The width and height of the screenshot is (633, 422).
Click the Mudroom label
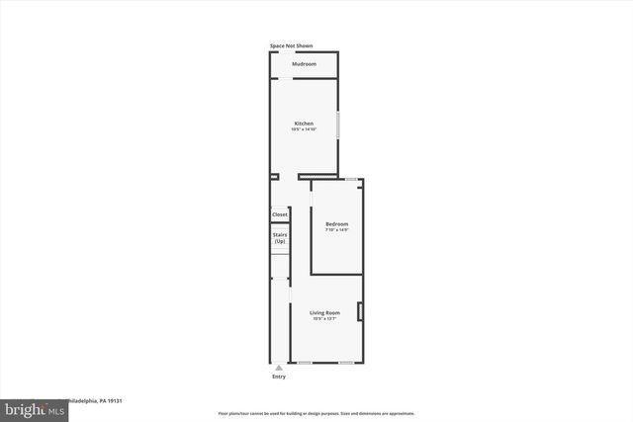click(304, 64)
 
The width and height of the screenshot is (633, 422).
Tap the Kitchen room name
click(304, 124)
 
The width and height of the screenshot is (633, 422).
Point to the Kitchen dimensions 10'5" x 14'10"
click(304, 129)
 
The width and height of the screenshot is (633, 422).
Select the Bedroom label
click(337, 224)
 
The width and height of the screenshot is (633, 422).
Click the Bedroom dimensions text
click(337, 230)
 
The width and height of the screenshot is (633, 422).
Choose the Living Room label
click(324, 312)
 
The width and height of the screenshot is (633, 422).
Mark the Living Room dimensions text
click(324, 318)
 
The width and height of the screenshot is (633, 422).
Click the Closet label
click(280, 214)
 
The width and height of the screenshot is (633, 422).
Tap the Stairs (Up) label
click(280, 238)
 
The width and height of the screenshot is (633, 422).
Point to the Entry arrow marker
click(279, 367)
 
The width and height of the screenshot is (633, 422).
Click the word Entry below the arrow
click(279, 377)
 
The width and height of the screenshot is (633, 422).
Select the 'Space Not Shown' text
click(291, 45)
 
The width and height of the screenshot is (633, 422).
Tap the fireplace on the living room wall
click(361, 312)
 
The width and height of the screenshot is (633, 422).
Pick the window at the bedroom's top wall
click(350, 178)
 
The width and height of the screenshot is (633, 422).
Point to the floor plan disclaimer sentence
click(316, 413)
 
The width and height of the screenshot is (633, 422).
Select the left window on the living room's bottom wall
click(306, 362)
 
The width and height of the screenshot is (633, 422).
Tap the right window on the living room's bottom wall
click(347, 362)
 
